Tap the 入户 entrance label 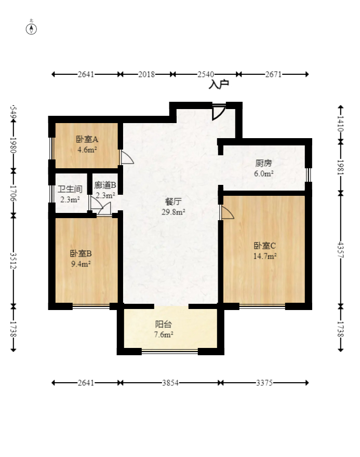219,85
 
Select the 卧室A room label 87,139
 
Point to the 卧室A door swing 127,157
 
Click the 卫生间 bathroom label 70,189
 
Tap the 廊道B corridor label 105,185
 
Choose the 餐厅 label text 173,201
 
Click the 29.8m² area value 173,212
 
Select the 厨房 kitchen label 263,163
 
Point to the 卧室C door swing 228,212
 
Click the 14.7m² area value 265,256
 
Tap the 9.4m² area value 81,264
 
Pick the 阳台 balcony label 163,324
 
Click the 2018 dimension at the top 146,74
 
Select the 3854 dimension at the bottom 170,383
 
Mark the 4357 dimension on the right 340,249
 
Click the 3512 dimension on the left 13,261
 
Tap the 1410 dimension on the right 340,124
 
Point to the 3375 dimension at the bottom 264,383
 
